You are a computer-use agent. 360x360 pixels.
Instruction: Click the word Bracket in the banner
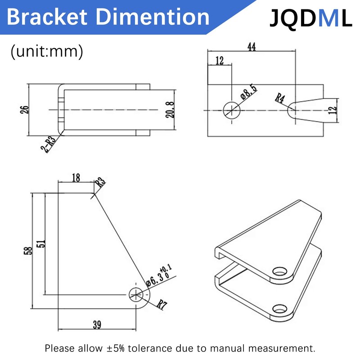coord(47,17)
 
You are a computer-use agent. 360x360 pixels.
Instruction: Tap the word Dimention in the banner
coord(153,17)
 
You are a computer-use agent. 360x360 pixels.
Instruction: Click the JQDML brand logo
coord(310,18)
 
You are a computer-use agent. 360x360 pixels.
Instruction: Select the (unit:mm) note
coord(47,51)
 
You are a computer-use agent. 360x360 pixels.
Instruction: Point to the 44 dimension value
coord(252,47)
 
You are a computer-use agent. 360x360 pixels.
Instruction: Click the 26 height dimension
coord(25,110)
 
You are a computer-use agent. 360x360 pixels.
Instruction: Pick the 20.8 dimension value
coord(170,110)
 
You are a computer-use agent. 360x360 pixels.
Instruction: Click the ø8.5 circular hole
coord(232,110)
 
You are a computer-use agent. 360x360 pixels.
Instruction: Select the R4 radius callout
coord(280,98)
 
